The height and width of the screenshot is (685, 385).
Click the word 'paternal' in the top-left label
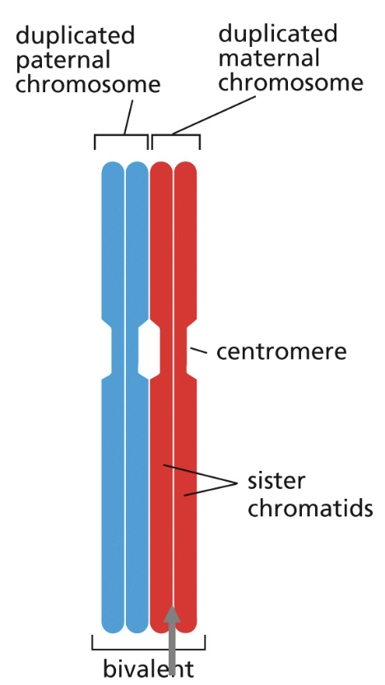63,61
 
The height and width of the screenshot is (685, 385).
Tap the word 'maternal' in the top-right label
269,58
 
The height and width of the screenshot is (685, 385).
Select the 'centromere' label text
281,352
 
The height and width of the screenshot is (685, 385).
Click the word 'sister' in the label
276,482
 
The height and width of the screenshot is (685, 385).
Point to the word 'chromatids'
310,508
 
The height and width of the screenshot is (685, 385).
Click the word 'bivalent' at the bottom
148,669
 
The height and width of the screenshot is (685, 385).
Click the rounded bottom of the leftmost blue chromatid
113,626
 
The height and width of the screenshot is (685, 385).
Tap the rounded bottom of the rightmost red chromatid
186,626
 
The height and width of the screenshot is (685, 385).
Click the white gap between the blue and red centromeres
149,352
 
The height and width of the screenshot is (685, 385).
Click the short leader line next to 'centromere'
199,351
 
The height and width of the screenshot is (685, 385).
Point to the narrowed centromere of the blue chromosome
125,352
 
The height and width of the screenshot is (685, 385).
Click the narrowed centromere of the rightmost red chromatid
181,352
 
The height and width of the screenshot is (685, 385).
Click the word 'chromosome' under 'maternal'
290,82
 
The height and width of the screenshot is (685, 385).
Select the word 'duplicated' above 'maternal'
277,33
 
